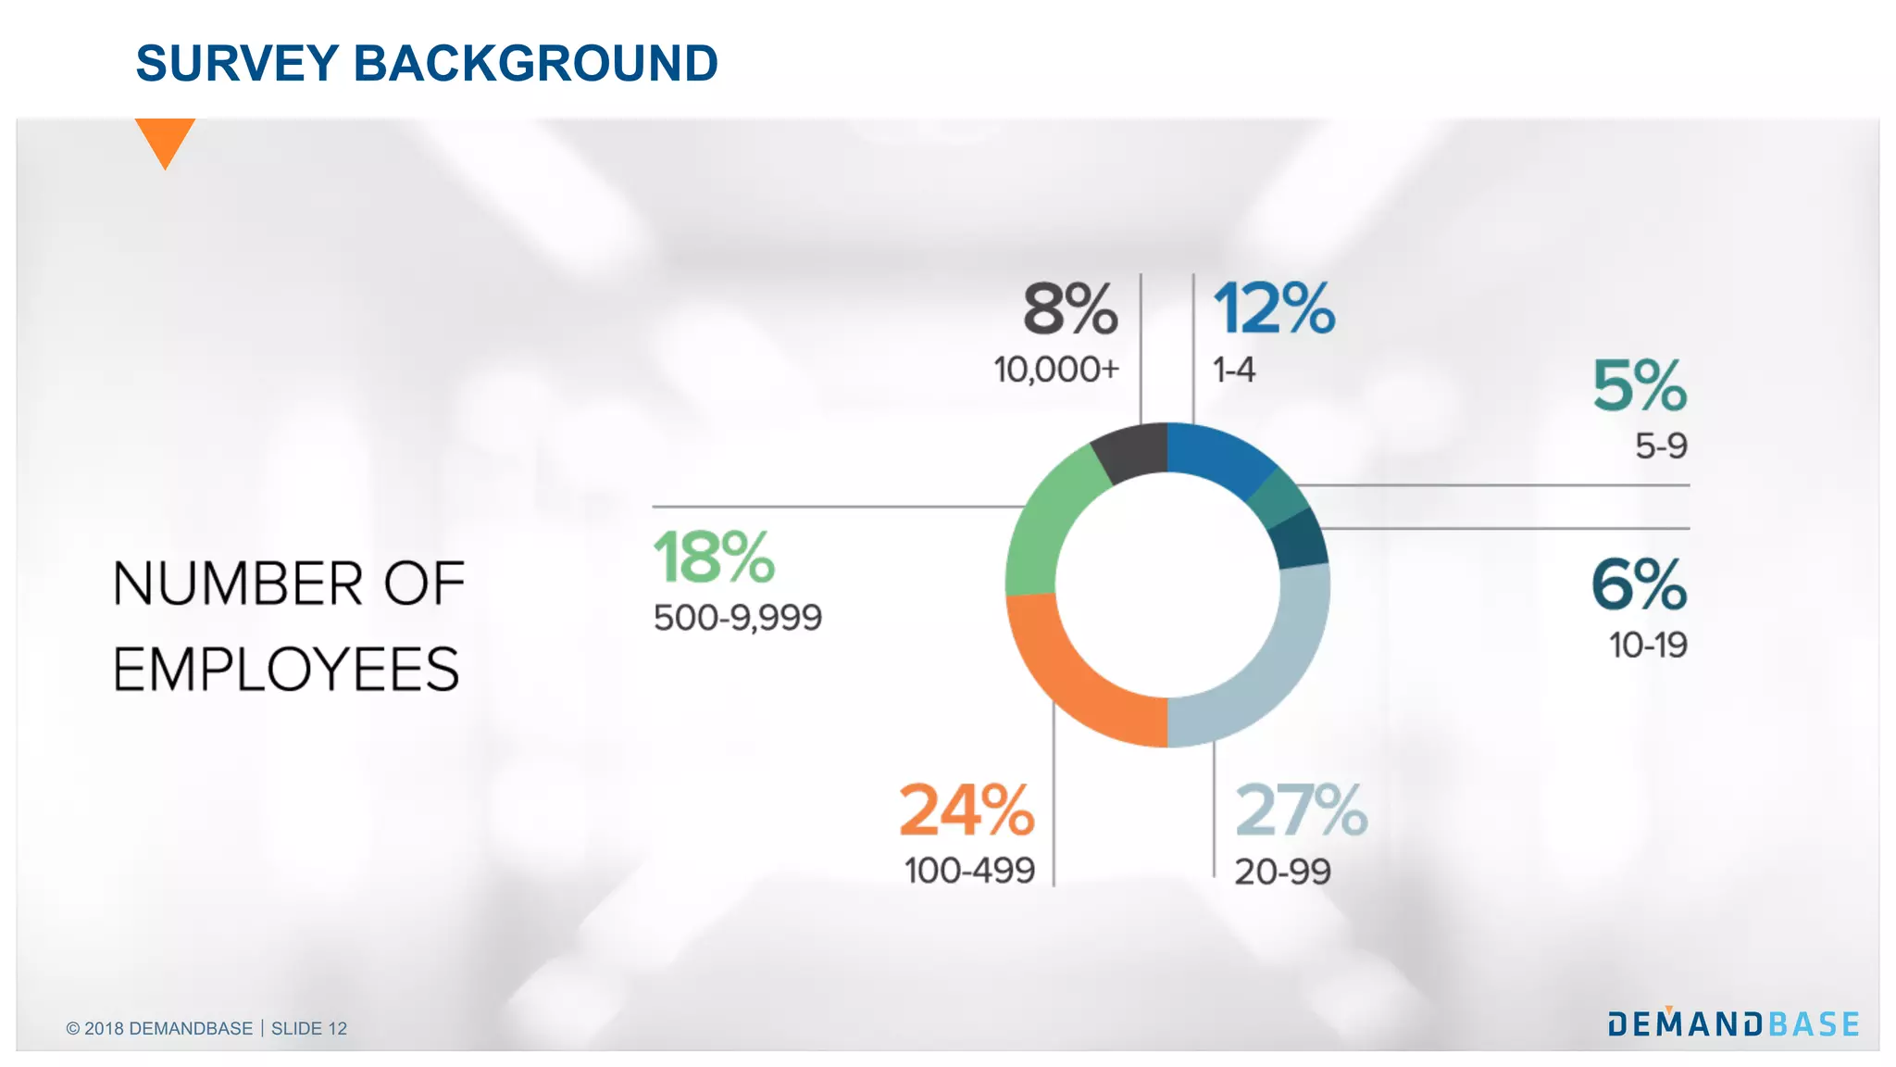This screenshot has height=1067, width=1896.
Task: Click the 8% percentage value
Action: point(1070,309)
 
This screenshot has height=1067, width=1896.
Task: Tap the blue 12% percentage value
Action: point(1274,309)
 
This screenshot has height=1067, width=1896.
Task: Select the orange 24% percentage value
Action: point(967,810)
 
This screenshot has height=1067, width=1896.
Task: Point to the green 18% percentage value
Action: point(714,558)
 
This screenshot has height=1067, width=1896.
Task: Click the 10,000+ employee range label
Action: point(1056,370)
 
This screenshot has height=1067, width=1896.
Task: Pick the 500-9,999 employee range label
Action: point(738,618)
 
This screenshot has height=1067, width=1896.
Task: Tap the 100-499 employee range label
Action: point(969,871)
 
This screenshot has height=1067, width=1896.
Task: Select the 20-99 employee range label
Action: point(1282,872)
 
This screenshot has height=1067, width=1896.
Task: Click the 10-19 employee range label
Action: point(1648,645)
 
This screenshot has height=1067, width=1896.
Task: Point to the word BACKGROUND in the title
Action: point(536,63)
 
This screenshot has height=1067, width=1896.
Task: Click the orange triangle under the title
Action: point(165,139)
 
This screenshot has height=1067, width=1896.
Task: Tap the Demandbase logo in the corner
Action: point(1733,1023)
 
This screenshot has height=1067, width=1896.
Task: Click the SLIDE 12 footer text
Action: point(309,1028)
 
